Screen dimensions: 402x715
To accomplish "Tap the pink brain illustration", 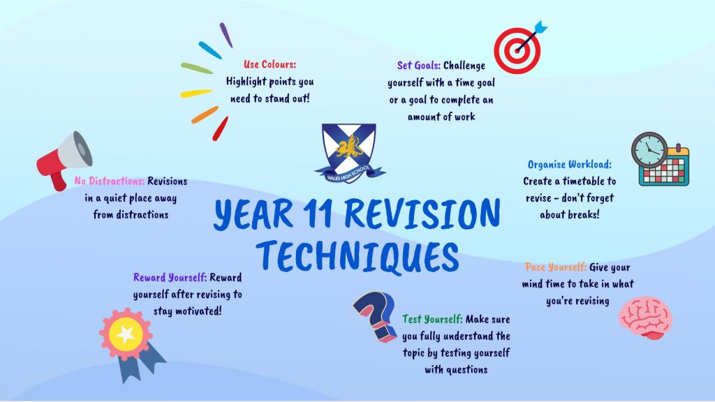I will click(645, 318).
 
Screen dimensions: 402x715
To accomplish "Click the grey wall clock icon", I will click(649, 151).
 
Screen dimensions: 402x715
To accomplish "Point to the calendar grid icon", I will click(667, 167).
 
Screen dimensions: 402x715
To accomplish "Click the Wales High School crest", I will click(348, 149).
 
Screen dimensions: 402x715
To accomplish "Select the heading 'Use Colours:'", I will click(270, 64).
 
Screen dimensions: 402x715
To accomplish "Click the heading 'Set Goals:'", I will click(418, 66).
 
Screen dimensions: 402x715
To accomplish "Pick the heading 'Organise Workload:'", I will click(569, 165).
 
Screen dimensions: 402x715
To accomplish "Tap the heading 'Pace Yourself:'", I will click(555, 267).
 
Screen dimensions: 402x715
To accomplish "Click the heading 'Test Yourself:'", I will click(432, 319).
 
